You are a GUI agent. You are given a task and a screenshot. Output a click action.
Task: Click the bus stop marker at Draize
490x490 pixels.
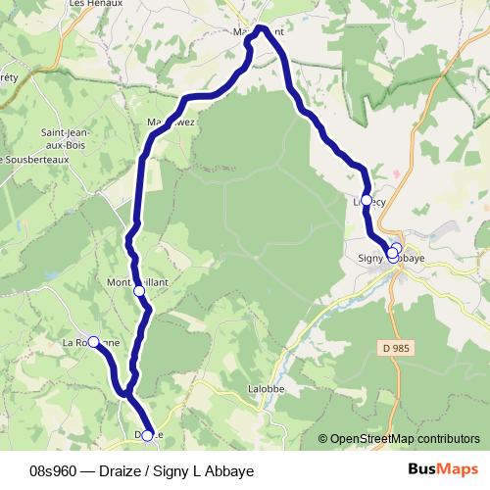[148, 435]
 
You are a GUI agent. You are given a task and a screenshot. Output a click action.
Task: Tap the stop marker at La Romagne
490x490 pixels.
[94, 341]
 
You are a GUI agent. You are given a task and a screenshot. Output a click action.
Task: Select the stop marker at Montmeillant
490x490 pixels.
[139, 291]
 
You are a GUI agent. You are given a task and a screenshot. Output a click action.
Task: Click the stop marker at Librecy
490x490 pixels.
[367, 200]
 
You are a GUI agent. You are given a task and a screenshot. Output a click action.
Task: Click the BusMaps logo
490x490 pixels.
[442, 470]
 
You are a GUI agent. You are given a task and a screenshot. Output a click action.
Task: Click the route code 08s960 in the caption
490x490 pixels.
[56, 471]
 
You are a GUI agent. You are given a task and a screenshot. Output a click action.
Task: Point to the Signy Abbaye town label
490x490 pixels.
[390, 259]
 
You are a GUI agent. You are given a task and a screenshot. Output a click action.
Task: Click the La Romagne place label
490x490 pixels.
[91, 343]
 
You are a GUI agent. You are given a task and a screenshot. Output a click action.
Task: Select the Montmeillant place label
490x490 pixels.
[137, 281]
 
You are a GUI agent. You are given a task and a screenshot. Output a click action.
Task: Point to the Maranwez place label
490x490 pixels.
[171, 122]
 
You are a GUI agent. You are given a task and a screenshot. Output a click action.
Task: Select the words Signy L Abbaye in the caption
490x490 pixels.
[205, 471]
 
